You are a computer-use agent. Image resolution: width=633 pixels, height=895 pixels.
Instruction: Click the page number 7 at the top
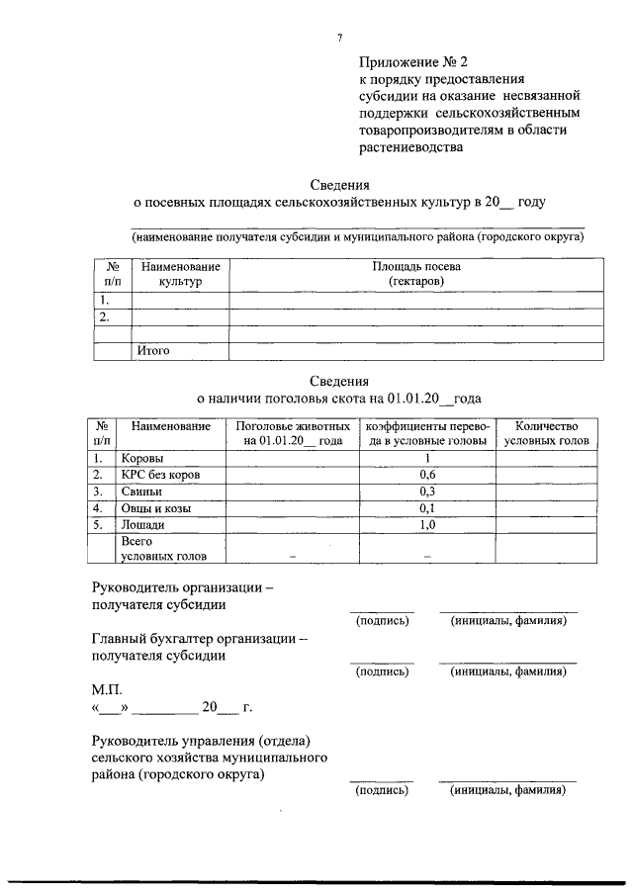pyautogui.click(x=338, y=37)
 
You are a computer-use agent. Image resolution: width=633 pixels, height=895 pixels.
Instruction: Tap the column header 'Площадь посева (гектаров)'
pyautogui.click(x=415, y=275)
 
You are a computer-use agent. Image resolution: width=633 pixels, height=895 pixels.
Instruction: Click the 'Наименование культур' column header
pyautogui.click(x=179, y=275)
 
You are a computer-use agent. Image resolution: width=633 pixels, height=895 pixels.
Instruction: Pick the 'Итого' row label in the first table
pyautogui.click(x=154, y=350)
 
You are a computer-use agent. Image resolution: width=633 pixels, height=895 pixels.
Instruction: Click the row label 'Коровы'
pyautogui.click(x=142, y=459)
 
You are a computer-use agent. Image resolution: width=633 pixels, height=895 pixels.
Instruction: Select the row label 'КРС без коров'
pyautogui.click(x=160, y=475)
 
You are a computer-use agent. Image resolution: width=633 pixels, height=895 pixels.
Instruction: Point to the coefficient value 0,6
pyautogui.click(x=427, y=475)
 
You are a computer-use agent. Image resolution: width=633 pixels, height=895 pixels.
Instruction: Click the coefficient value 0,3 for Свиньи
pyautogui.click(x=427, y=492)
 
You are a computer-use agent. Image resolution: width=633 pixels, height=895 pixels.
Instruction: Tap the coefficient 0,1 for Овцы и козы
pyautogui.click(x=427, y=508)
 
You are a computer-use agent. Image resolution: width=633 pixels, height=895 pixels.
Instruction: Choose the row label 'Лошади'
pyautogui.click(x=142, y=525)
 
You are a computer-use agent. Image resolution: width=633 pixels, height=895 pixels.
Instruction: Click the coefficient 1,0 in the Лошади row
pyautogui.click(x=427, y=525)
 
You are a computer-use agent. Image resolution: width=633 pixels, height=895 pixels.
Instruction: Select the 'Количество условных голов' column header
pyautogui.click(x=545, y=433)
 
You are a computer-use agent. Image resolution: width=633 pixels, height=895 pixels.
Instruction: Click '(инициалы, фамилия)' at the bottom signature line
pyautogui.click(x=507, y=790)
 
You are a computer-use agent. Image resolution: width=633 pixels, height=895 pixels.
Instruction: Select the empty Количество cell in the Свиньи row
pyautogui.click(x=545, y=492)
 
